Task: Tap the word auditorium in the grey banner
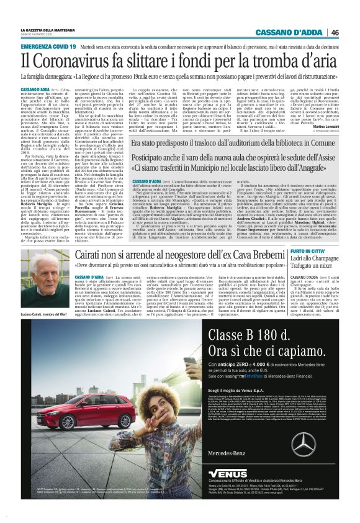[239, 142]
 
